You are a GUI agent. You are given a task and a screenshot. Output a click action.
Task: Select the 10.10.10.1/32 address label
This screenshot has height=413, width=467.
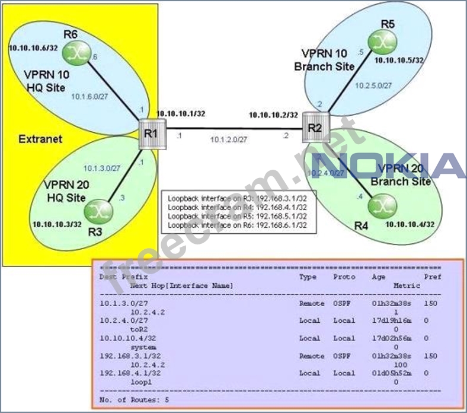click(x=181, y=113)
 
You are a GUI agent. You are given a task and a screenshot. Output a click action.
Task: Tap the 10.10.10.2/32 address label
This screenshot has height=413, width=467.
click(x=273, y=115)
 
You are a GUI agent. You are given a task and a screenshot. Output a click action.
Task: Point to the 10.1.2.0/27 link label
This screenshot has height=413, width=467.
click(x=229, y=140)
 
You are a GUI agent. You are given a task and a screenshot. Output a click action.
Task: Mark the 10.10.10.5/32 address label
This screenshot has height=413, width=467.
click(x=399, y=60)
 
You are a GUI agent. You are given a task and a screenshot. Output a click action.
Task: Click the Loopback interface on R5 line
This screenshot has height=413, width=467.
click(x=237, y=216)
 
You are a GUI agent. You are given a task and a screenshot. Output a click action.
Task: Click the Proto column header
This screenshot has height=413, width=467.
click(x=344, y=277)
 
